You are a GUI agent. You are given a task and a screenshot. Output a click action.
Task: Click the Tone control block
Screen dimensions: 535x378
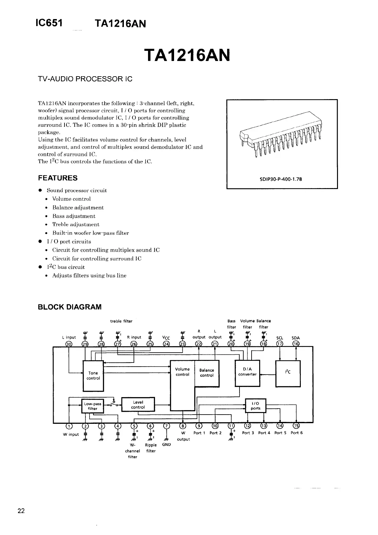[93, 376]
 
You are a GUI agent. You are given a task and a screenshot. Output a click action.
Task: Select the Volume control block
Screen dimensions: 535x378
[182, 372]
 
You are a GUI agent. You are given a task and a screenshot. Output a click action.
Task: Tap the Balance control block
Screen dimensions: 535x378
[207, 373]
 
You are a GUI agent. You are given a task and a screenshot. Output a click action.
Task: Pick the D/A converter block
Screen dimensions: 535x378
[247, 372]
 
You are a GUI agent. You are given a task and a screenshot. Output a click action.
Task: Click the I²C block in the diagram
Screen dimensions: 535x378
[288, 373]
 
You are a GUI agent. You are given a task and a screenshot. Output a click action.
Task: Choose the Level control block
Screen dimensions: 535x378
[138, 405]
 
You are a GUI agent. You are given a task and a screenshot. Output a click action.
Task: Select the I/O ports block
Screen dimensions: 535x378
[255, 406]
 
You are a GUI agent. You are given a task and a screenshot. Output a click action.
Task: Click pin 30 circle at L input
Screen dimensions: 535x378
[69, 344]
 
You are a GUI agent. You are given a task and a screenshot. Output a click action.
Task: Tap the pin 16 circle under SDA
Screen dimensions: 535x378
[296, 344]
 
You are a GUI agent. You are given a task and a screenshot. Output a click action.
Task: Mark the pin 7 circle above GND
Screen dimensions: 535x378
[166, 426]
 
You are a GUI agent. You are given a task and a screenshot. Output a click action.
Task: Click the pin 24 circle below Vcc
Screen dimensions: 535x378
[166, 344]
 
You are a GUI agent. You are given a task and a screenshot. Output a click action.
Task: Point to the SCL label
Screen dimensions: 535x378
[280, 338]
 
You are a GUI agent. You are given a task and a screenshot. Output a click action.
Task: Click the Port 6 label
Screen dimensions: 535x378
[297, 433]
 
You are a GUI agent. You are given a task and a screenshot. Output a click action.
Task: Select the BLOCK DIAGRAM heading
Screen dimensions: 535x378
[70, 307]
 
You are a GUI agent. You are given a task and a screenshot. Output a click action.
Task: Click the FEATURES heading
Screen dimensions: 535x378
[57, 178]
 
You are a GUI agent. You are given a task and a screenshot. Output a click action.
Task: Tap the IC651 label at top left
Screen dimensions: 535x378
[49, 23]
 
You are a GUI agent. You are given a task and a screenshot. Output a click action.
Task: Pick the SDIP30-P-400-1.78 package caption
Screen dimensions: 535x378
[281, 179]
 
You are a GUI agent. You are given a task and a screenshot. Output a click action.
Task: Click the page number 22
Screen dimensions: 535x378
[21, 511]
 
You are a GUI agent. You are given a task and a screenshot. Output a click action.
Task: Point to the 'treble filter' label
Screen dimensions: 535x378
[121, 321]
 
